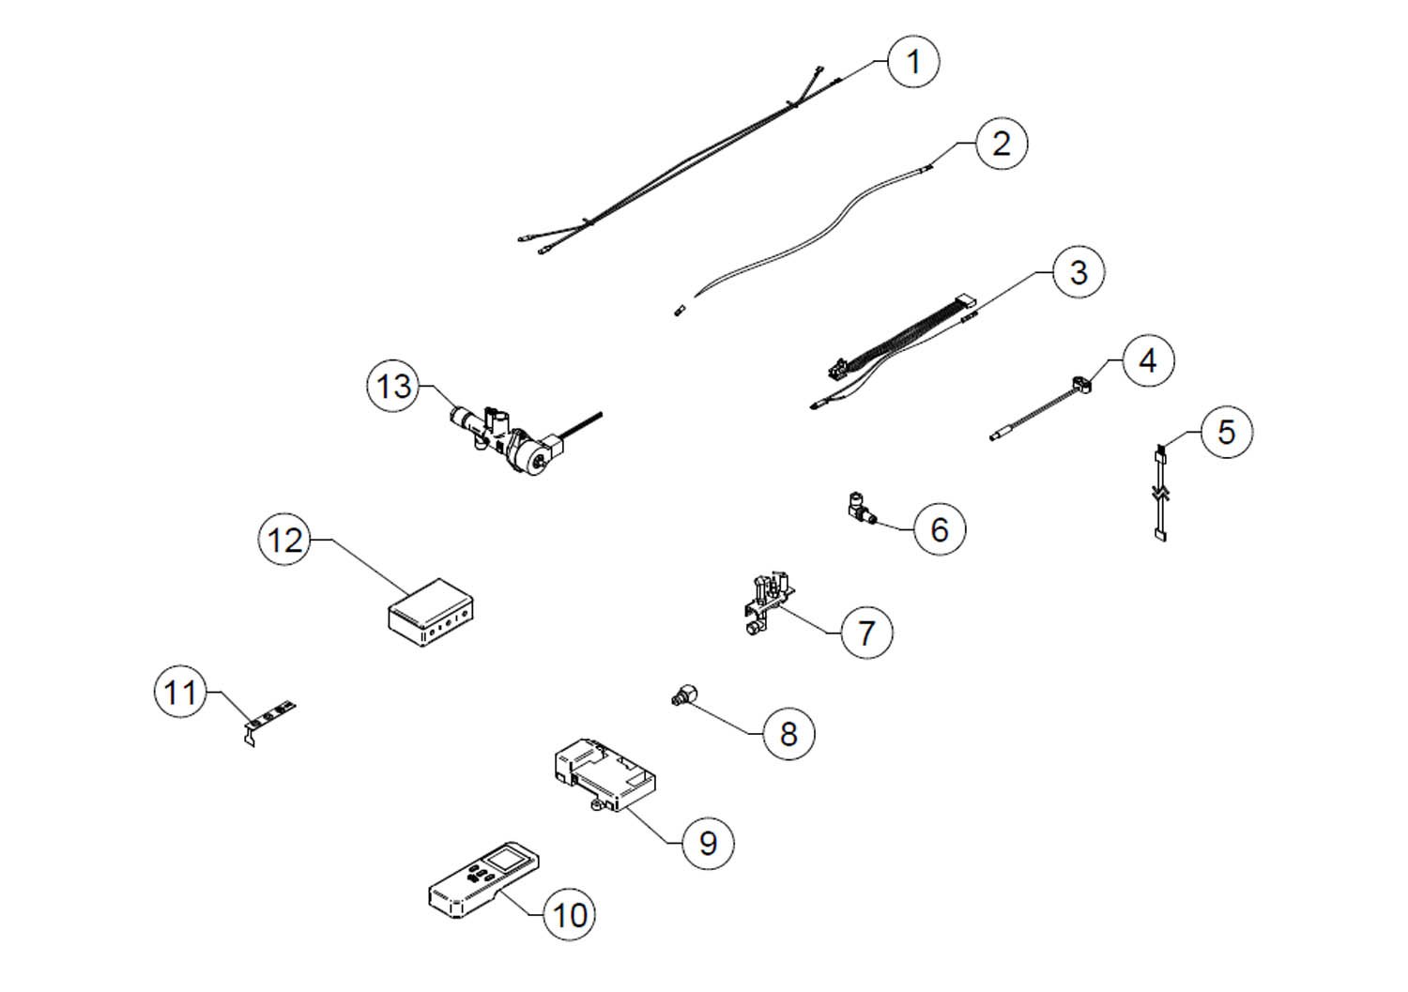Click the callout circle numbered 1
tap(911, 62)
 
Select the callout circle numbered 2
tap(1001, 144)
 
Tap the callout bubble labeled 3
tap(1078, 272)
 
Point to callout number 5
tap(1226, 432)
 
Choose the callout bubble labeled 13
tap(394, 386)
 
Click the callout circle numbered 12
tap(285, 540)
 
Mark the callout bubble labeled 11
tap(180, 693)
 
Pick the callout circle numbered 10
tap(569, 914)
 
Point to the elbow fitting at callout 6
tap(859, 507)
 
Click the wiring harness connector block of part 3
tap(962, 304)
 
